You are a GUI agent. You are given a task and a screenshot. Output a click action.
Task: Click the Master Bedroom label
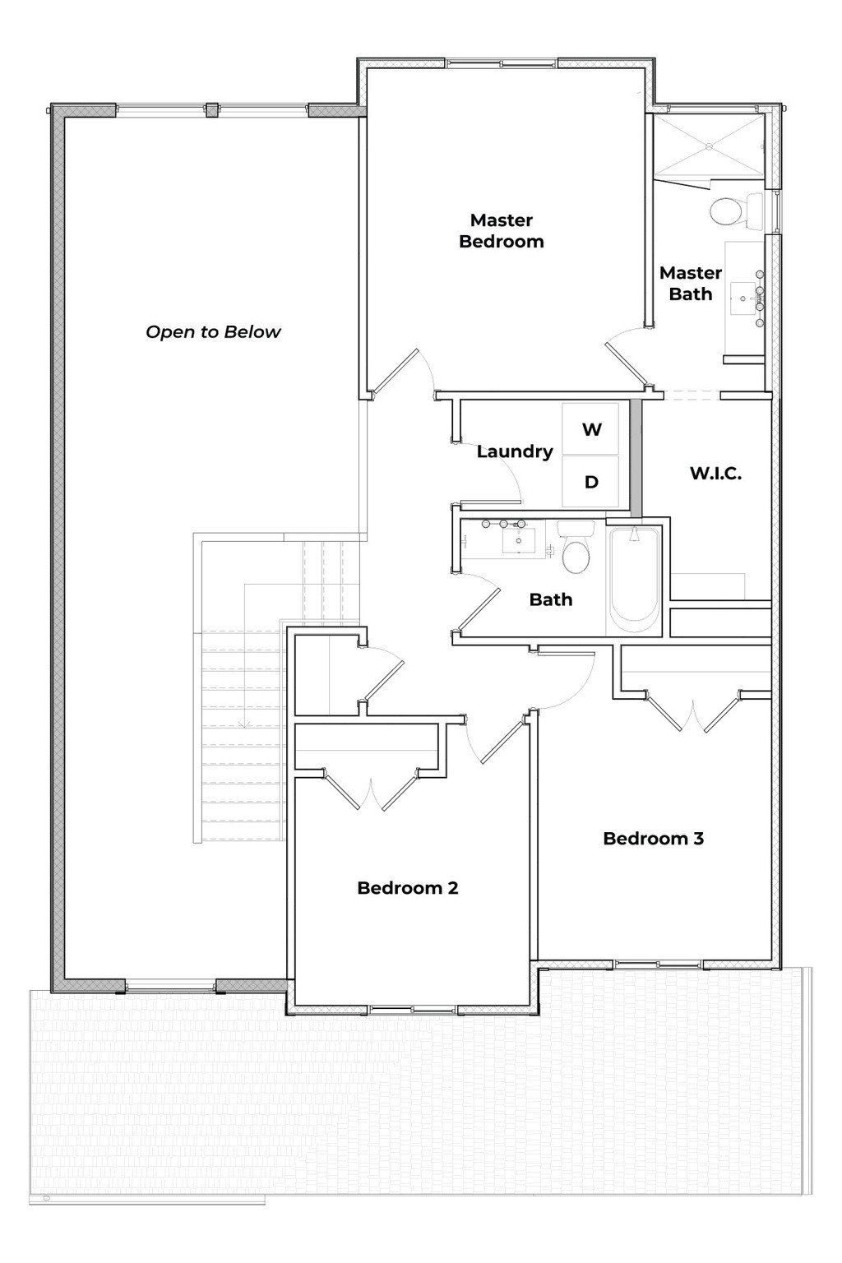tap(501, 231)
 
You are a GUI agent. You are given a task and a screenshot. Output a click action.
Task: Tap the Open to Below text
tap(213, 332)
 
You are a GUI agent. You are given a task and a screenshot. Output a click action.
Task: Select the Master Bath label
tap(690, 283)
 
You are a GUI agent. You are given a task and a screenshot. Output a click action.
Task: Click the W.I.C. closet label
tap(715, 474)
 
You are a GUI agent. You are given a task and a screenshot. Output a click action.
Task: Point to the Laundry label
tap(515, 451)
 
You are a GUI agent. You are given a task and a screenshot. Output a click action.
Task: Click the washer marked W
tap(591, 429)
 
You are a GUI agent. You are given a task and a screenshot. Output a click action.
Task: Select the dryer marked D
tap(591, 483)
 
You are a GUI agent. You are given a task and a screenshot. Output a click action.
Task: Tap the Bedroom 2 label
tap(407, 888)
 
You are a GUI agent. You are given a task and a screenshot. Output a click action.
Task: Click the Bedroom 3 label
tap(653, 839)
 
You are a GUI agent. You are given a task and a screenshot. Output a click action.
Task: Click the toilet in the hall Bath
tap(576, 553)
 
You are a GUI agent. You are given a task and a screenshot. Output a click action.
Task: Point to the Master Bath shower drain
tap(709, 146)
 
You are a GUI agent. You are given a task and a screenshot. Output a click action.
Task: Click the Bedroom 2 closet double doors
tap(372, 789)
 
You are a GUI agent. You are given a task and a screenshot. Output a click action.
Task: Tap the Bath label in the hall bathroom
tap(550, 599)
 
